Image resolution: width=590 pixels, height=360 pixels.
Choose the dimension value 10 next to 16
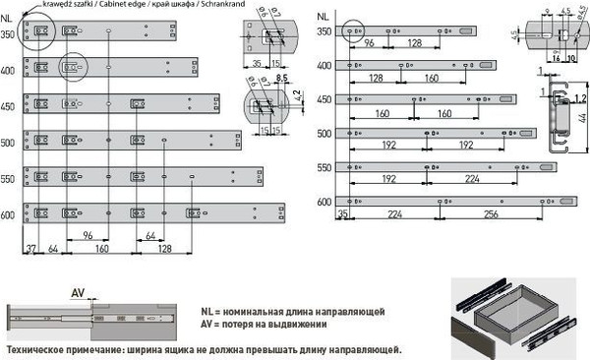(569, 58)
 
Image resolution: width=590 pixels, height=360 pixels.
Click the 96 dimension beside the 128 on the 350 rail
(370, 44)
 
